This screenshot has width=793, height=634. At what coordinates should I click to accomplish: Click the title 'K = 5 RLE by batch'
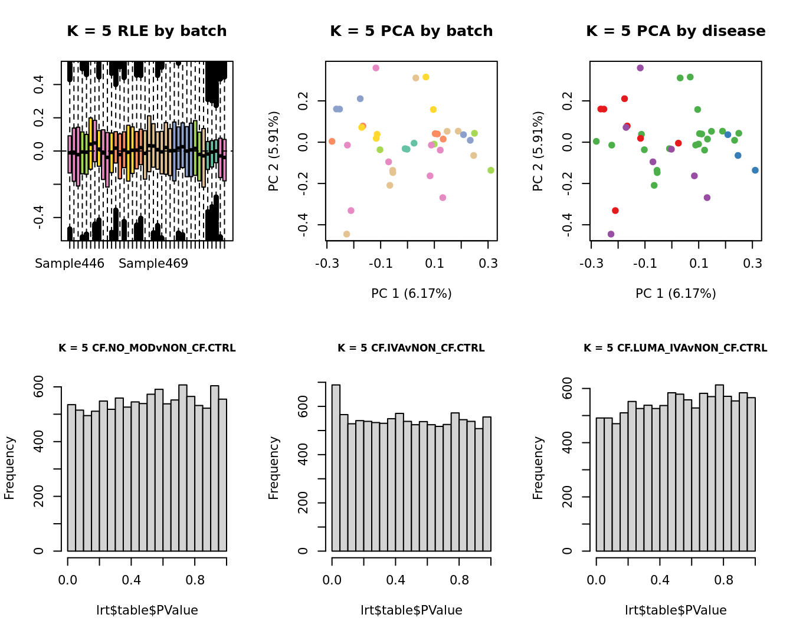[x=147, y=31]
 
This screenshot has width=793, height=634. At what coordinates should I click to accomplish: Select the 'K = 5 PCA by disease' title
[x=676, y=31]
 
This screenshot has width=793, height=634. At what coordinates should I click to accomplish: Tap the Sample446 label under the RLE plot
[x=70, y=264]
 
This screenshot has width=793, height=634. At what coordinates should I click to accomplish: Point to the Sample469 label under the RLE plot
[x=153, y=264]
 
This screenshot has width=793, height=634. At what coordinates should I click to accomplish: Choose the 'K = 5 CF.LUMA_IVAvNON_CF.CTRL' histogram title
[x=676, y=348]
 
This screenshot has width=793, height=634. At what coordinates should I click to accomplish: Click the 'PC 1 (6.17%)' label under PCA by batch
[x=411, y=293]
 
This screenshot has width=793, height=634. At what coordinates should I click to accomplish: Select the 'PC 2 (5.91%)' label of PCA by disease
[x=538, y=151]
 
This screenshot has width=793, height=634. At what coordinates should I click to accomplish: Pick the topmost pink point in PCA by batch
[x=376, y=68]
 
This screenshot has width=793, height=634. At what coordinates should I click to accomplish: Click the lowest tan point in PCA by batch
[x=346, y=234]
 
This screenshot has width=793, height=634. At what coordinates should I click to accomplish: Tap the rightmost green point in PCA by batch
[x=491, y=170]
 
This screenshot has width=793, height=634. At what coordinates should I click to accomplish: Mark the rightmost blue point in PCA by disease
[x=755, y=170]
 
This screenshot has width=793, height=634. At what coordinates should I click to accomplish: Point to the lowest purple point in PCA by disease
[x=611, y=234]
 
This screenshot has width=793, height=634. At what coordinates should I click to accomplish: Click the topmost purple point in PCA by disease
[x=640, y=68]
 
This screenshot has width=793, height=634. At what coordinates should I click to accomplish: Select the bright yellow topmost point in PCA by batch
[x=426, y=77]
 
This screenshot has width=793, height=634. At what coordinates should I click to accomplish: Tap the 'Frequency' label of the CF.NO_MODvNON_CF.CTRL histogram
[x=9, y=468]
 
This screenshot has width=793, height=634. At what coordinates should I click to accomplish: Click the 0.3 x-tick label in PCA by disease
[x=752, y=264]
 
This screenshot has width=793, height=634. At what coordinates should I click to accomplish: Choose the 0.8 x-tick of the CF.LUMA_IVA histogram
[x=723, y=580]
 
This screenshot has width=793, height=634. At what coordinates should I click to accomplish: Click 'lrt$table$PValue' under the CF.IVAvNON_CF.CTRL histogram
[x=411, y=610]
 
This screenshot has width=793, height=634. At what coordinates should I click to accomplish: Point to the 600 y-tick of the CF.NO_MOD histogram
[x=39, y=387]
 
